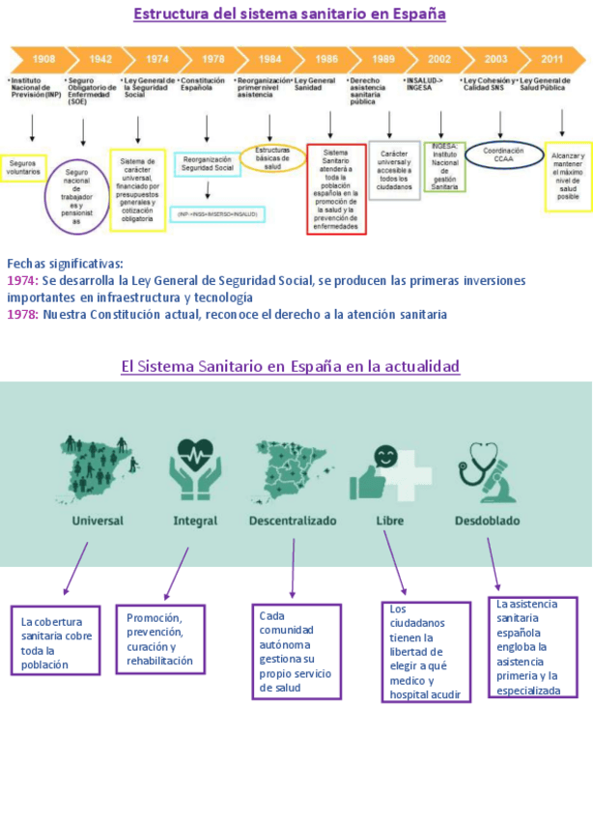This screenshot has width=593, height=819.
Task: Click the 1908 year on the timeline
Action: click(x=43, y=59)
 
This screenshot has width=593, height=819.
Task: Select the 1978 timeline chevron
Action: click(x=212, y=59)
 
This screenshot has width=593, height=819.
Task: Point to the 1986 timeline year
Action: click(x=326, y=59)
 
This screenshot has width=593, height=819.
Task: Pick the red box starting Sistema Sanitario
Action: click(x=336, y=188)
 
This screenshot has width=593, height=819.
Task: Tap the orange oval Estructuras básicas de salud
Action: click(x=272, y=158)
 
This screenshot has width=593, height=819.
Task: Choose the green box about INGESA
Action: click(x=444, y=166)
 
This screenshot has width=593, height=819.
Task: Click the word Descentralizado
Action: click(x=293, y=521)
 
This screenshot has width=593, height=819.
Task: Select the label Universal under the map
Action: click(x=98, y=521)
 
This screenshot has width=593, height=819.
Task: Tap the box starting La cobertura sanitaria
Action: click(x=56, y=641)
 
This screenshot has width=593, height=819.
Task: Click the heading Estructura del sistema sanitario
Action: click(x=290, y=14)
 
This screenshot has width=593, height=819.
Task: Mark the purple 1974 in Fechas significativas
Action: click(x=20, y=280)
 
